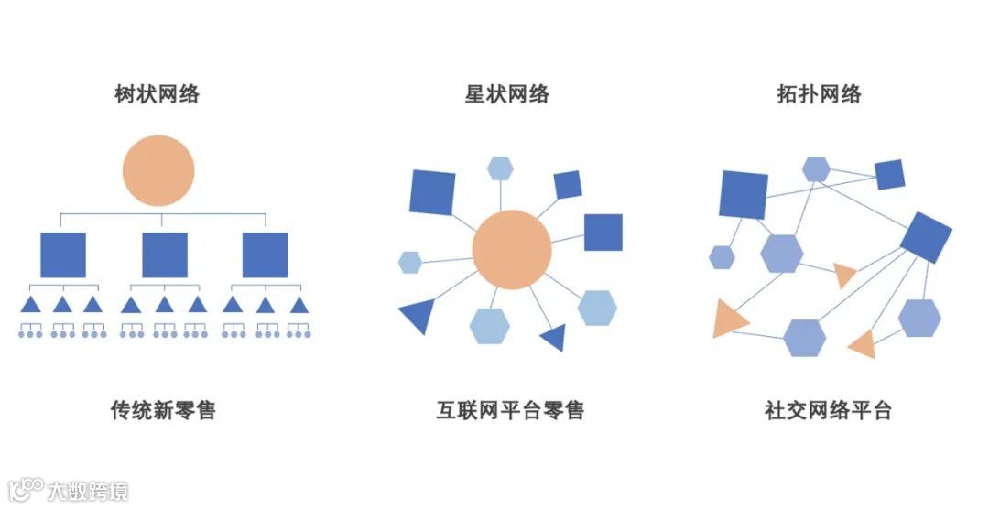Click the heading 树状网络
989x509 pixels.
tap(158, 93)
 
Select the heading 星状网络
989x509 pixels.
tap(506, 93)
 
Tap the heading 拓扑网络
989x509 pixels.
tap(819, 93)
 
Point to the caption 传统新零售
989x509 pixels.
tap(163, 409)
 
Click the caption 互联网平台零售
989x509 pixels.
tap(510, 409)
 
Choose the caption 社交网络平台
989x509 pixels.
tap(828, 409)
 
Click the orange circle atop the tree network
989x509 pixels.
tap(158, 170)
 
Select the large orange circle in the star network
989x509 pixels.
tap(512, 249)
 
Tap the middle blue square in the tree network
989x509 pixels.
tap(165, 254)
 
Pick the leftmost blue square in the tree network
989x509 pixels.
tap(63, 254)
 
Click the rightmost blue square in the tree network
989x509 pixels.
tap(265, 254)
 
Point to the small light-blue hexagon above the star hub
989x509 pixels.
tap(500, 168)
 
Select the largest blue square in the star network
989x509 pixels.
tap(432, 192)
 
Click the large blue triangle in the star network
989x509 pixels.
tap(418, 314)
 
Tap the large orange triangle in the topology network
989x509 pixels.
tap(729, 319)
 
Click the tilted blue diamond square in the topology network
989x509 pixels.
tap(926, 236)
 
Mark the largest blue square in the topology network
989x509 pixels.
tap(744, 194)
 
